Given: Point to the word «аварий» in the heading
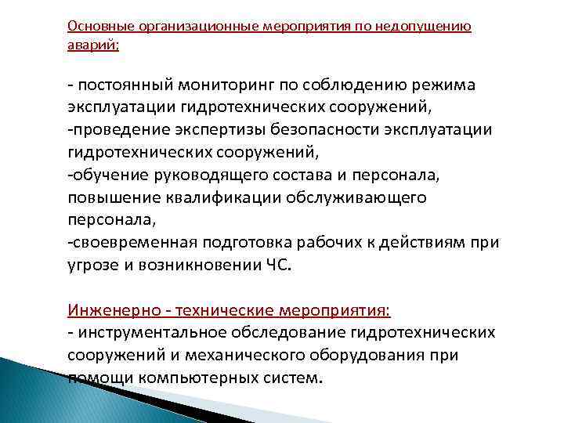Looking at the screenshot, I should point(92,45).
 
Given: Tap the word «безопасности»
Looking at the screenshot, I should point(289,129).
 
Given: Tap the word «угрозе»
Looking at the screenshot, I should point(93,266).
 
